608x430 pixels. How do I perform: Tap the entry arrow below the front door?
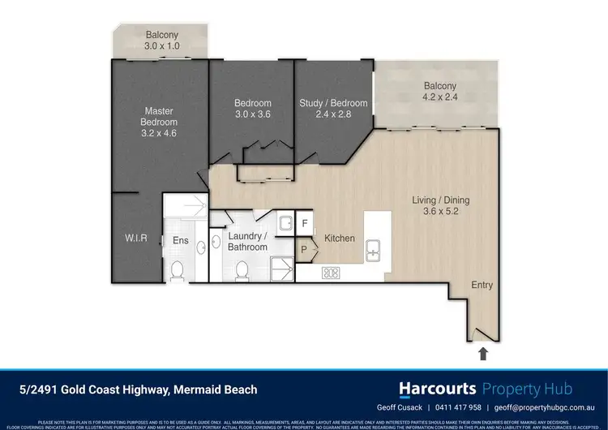tap(484, 353)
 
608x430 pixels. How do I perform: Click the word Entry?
tap(482, 286)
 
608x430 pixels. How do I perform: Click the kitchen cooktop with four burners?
tap(331, 273)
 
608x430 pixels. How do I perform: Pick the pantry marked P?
tap(305, 250)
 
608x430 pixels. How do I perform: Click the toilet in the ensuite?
tap(177, 269)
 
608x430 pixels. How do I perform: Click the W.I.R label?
tap(135, 239)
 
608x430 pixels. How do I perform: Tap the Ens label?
tap(180, 240)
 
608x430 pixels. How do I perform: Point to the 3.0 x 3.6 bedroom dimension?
tap(252, 114)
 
